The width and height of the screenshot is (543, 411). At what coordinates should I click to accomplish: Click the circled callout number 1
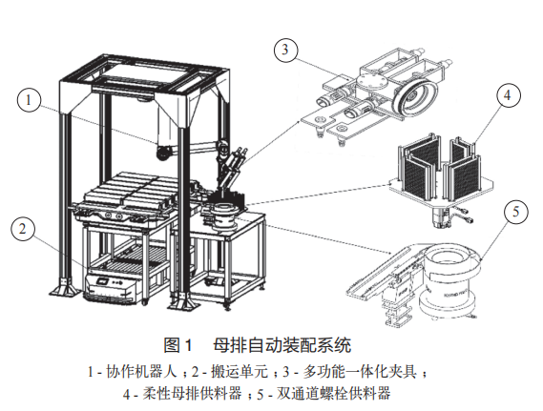[x=29, y=100]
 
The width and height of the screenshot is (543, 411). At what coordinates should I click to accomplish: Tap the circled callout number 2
[x=23, y=229]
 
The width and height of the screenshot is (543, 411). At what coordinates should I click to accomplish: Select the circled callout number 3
[x=285, y=50]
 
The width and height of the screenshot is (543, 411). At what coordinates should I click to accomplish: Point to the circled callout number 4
[x=508, y=94]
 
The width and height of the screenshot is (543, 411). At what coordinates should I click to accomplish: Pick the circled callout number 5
[x=515, y=212]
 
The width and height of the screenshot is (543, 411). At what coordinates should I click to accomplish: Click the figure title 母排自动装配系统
[x=282, y=345]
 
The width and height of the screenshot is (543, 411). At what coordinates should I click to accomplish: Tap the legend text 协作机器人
[x=141, y=372]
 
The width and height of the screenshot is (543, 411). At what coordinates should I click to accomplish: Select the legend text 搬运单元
[x=240, y=372]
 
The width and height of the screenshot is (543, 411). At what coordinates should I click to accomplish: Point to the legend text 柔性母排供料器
[x=192, y=394]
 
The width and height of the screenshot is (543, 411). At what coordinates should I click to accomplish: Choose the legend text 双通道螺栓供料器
[x=333, y=394]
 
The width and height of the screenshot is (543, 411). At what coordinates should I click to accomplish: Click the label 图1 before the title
[x=178, y=345]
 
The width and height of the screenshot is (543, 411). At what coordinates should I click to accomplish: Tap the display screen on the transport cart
[x=103, y=281]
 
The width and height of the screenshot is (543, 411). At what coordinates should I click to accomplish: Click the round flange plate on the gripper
[x=371, y=83]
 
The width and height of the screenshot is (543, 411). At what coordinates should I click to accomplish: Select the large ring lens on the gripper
[x=414, y=94]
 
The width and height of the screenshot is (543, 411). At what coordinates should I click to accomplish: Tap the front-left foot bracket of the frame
[x=65, y=288]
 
